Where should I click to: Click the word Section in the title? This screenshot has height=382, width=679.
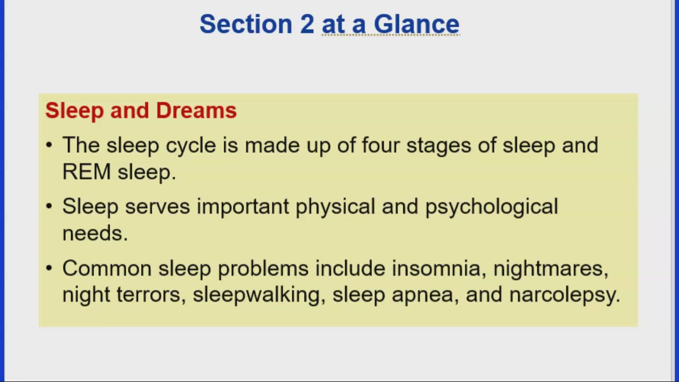click(x=246, y=24)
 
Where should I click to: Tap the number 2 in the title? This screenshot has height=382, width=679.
click(x=307, y=24)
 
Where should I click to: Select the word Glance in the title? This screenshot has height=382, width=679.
click(x=416, y=24)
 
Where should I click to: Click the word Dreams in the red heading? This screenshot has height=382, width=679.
click(x=196, y=110)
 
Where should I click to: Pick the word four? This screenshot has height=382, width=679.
click(x=380, y=145)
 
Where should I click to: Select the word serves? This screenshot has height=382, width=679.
click(x=157, y=206)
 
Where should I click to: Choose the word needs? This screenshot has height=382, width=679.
click(x=94, y=233)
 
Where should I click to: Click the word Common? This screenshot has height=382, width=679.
click(x=107, y=268)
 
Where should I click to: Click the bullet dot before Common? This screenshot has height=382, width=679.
click(x=49, y=268)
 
